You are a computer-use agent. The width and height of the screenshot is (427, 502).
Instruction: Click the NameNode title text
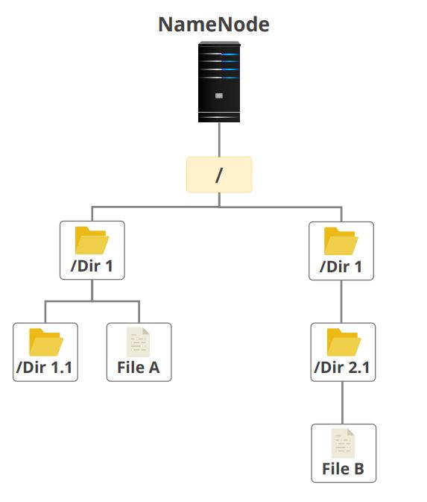click(213, 25)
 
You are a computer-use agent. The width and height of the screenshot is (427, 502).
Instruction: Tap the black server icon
click(219, 82)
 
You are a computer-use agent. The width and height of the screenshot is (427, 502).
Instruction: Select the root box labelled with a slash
click(219, 175)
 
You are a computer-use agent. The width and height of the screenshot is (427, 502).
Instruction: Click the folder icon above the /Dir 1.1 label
click(45, 342)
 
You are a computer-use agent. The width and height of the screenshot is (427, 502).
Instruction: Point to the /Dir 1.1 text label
click(45, 367)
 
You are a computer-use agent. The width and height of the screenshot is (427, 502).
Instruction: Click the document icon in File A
click(139, 342)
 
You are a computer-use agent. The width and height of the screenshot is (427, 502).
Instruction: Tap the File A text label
click(139, 367)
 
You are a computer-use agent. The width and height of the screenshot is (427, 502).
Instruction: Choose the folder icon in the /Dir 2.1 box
click(343, 342)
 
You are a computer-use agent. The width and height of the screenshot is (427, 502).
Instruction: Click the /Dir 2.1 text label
click(343, 367)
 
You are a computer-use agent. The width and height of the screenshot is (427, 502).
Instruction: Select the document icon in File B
click(343, 443)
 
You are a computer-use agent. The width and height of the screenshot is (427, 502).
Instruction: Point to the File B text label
click(343, 468)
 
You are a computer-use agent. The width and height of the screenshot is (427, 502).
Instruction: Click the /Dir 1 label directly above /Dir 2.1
click(341, 266)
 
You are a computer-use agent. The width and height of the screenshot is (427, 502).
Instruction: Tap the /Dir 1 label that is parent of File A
click(92, 266)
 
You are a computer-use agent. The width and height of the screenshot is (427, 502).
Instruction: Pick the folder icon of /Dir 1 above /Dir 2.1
click(341, 240)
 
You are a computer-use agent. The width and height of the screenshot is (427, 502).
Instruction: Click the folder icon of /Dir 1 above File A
click(92, 240)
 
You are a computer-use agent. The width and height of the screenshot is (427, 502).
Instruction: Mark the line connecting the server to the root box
click(219, 139)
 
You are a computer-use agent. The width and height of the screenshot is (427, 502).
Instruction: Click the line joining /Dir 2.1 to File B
click(343, 403)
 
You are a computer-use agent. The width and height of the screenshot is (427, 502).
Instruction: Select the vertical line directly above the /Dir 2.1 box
click(342, 301)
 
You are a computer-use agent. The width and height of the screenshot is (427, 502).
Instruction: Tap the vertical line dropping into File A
click(139, 312)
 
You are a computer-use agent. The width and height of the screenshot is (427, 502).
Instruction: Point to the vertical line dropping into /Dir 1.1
click(45, 312)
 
